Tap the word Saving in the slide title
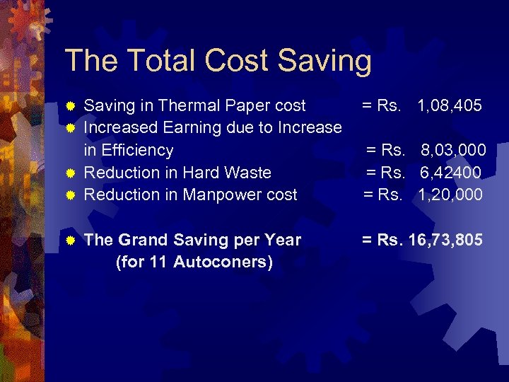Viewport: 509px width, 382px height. (324, 62)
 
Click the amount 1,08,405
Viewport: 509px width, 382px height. (450, 106)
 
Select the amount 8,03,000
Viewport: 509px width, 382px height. (453, 150)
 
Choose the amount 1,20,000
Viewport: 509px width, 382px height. (450, 195)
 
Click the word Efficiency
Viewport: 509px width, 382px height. (139, 150)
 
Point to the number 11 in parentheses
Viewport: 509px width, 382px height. (158, 262)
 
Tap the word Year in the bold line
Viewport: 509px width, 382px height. (284, 241)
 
